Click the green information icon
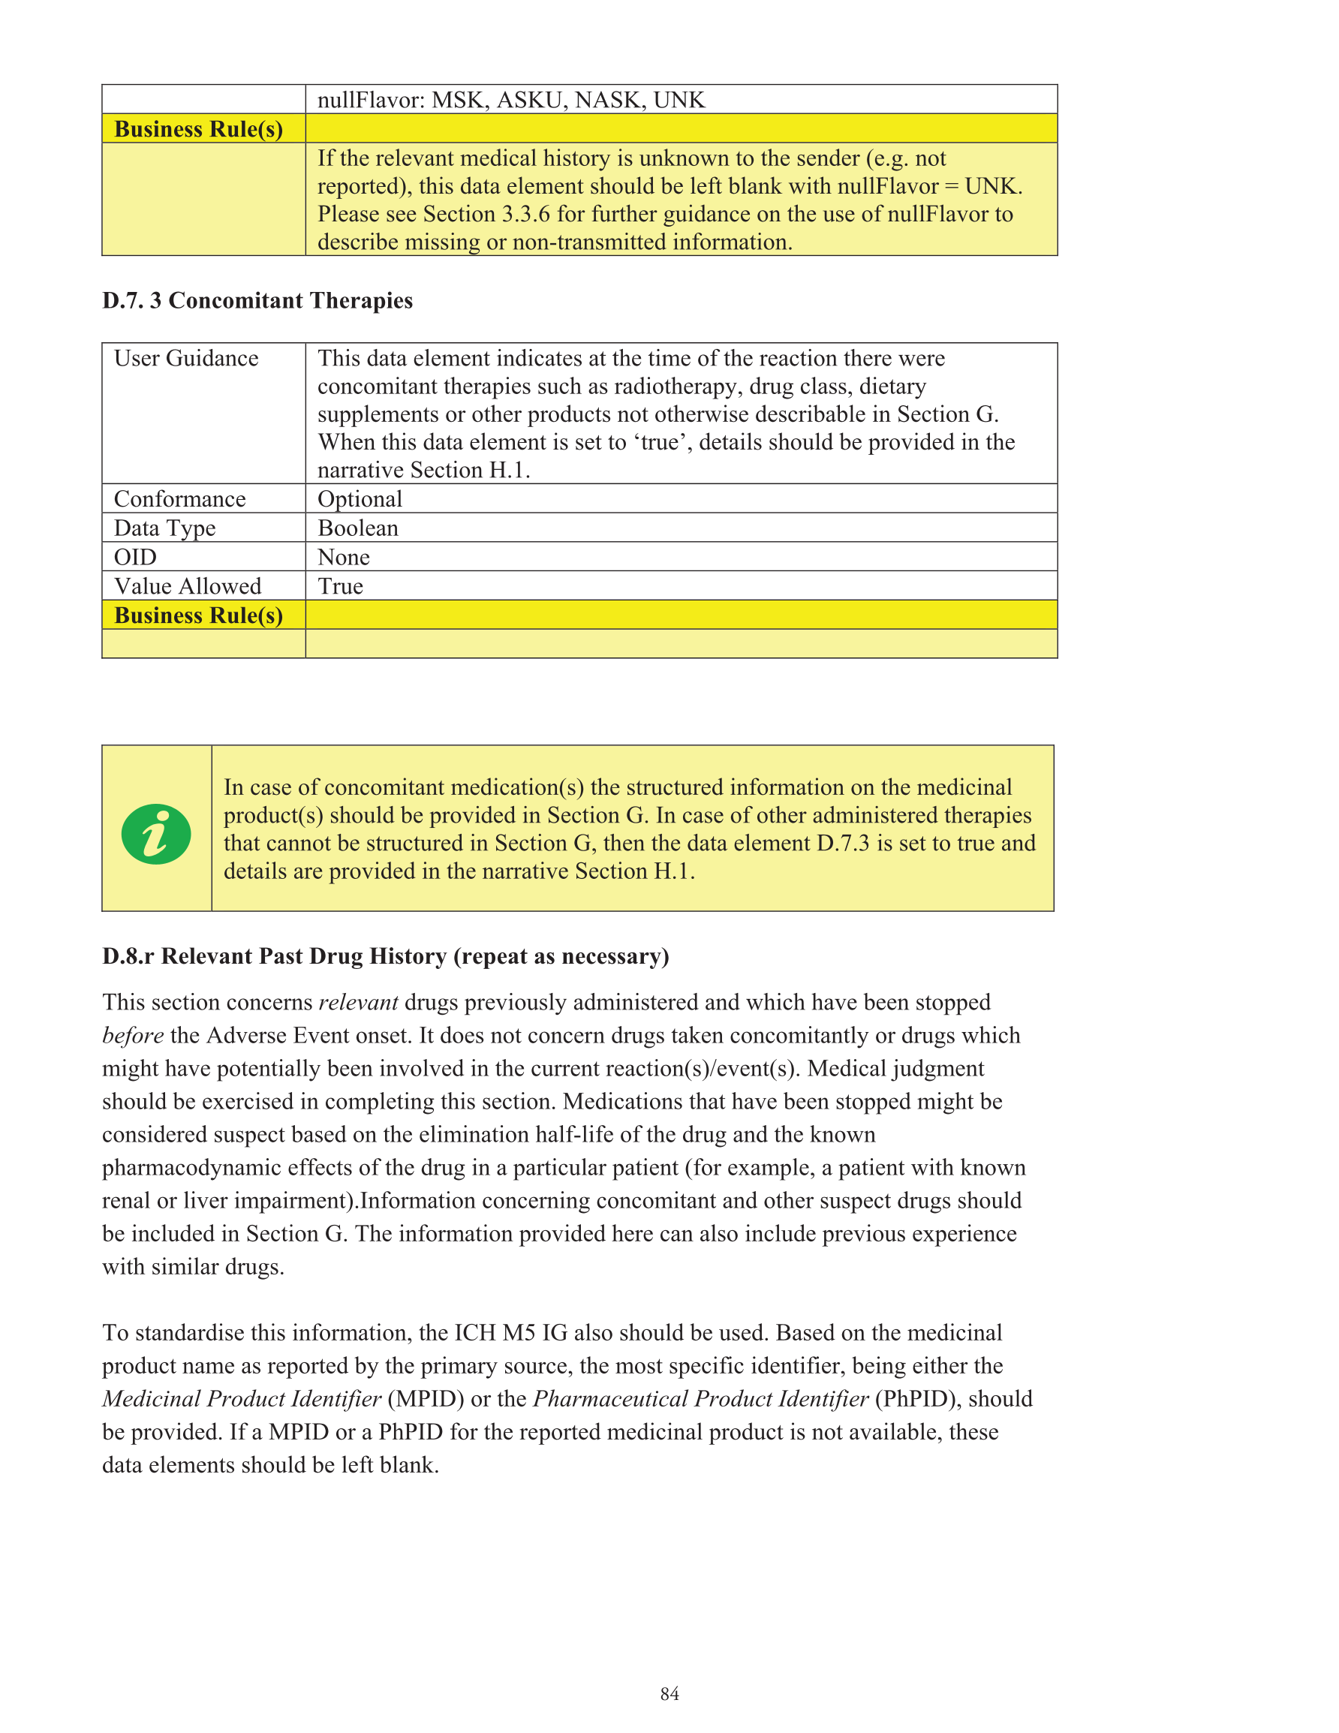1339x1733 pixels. [155, 834]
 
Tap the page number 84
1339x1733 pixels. [669, 1693]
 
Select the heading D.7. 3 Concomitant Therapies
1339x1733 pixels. [257, 301]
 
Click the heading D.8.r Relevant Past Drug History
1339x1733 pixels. [385, 956]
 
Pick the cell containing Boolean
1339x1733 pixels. [358, 528]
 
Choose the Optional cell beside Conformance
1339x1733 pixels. [360, 499]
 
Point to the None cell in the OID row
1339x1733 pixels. [344, 558]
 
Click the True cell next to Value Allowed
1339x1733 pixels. [341, 586]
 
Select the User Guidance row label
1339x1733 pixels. [185, 359]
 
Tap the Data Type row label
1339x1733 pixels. [164, 528]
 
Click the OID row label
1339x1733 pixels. [135, 558]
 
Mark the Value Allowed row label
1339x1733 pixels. [188, 586]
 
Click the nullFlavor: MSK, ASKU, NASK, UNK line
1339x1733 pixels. [510, 100]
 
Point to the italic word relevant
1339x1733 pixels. [358, 1002]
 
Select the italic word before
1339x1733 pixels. [133, 1036]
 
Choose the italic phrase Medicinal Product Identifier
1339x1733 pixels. [241, 1399]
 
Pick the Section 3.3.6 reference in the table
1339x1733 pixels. [486, 214]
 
